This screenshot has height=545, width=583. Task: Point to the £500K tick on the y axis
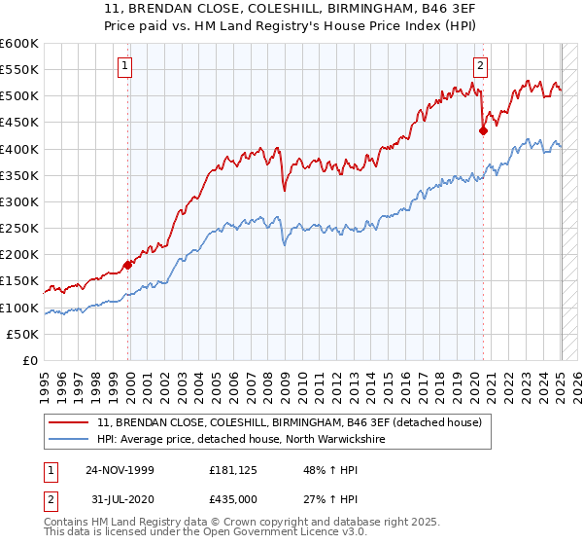20,96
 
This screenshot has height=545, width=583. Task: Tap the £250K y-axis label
20,229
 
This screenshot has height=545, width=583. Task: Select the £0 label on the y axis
30,361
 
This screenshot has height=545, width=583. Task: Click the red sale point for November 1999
127,265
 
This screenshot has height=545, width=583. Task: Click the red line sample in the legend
69,422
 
